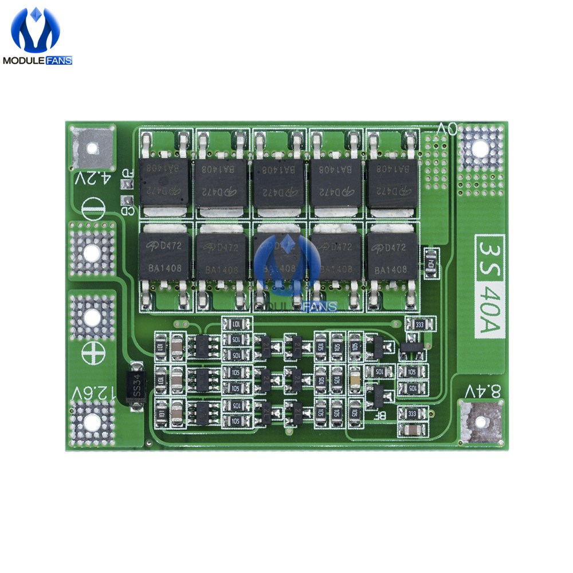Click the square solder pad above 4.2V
[91, 147]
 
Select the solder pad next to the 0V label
[481, 150]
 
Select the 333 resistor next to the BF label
[411, 413]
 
